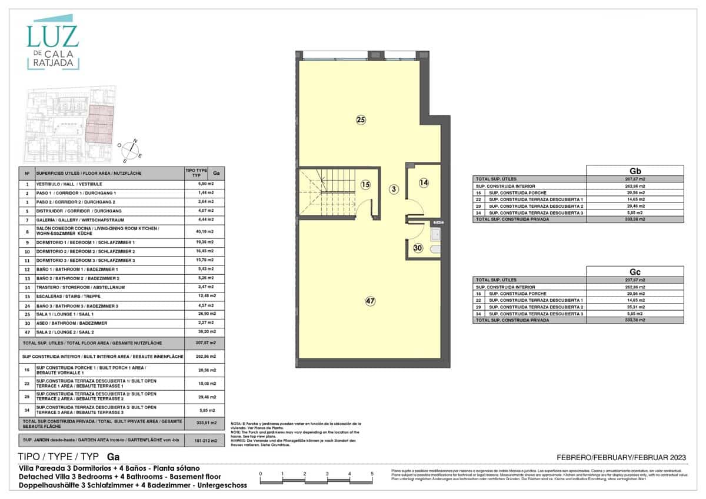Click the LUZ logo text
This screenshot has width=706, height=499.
point(52,36)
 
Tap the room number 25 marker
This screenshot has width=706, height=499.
point(361,120)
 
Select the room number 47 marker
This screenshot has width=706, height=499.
point(370,301)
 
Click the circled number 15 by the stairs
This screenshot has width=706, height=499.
point(365,184)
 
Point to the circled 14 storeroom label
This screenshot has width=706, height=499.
point(424,183)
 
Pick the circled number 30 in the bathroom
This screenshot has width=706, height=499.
point(418,248)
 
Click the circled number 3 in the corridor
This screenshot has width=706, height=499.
point(394,189)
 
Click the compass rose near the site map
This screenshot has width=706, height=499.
point(131,149)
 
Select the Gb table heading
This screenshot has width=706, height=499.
point(635,170)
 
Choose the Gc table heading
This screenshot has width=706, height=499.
point(635,271)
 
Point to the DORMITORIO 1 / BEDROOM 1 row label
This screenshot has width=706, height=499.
point(85,242)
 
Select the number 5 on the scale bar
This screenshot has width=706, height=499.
point(372,473)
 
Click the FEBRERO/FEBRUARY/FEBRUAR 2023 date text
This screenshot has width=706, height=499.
point(621,457)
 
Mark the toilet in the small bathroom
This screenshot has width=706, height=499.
point(435,249)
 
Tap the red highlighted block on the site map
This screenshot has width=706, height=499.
point(98,125)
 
